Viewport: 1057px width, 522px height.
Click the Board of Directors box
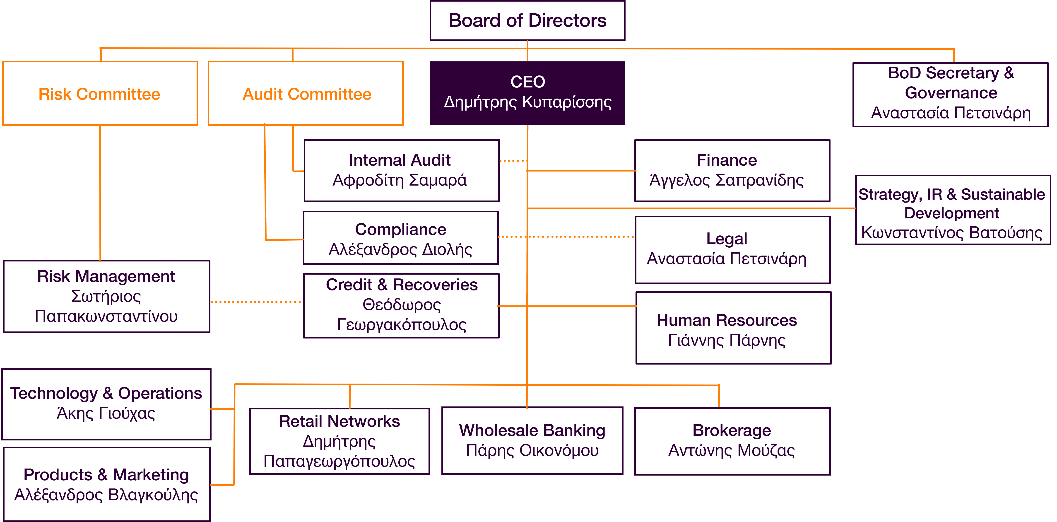(x=527, y=21)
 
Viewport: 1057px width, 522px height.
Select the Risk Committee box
(x=100, y=94)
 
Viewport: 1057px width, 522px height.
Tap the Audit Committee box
(x=306, y=94)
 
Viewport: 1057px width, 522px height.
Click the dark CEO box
(x=527, y=93)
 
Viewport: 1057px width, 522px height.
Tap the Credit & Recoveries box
(x=401, y=306)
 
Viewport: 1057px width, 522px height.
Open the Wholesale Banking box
(x=532, y=441)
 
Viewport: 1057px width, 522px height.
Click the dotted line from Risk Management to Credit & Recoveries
(x=256, y=302)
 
